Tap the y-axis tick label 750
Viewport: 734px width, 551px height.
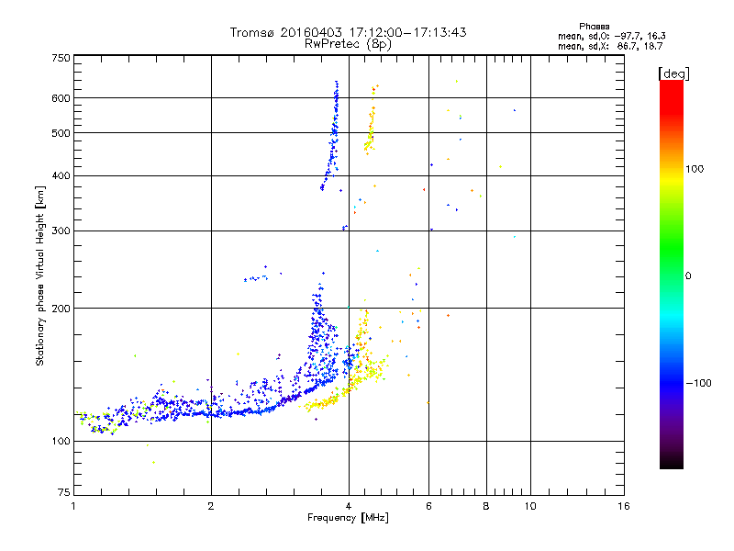pos(61,58)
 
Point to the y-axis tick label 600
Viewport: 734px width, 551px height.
pos(61,97)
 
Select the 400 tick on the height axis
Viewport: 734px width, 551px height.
pos(61,175)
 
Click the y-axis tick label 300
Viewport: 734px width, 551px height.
pos(61,231)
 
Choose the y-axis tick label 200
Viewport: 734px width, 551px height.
pos(61,308)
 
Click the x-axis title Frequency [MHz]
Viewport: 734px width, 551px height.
pos(348,518)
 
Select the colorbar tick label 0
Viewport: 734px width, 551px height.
pos(689,275)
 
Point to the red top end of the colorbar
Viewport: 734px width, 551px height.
pos(671,84)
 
